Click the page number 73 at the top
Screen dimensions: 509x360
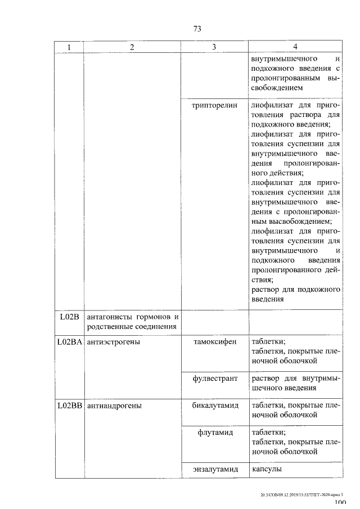pos(197,29)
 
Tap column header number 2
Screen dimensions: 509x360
pos(132,47)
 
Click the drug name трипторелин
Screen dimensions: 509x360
pos(215,105)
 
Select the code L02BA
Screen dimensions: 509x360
pos(70,341)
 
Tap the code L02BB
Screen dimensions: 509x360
pos(70,405)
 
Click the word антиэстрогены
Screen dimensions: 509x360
pos(113,341)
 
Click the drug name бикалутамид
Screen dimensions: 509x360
pos(215,405)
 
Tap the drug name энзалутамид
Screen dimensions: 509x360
pos(215,469)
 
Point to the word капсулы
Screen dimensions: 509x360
pos(267,469)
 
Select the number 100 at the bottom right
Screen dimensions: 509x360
pos(340,505)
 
